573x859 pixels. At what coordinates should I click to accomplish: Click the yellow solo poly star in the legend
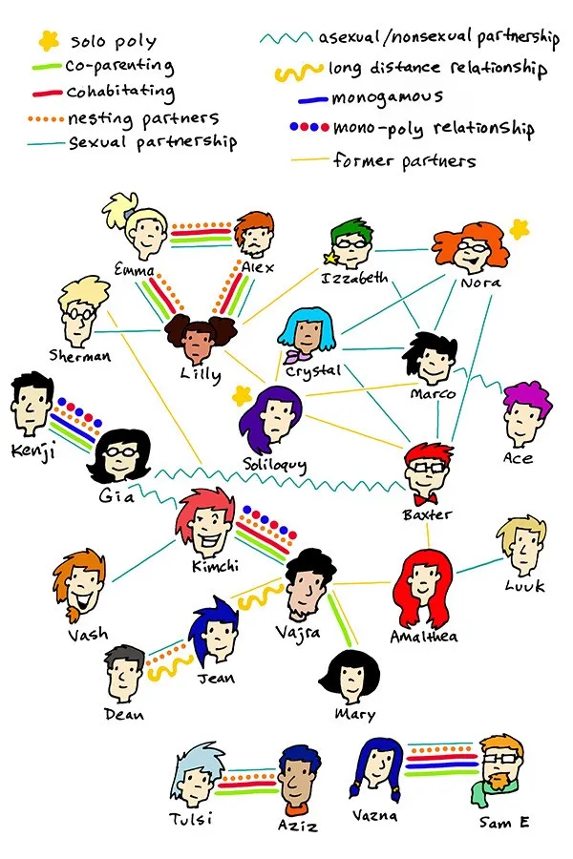click(49, 39)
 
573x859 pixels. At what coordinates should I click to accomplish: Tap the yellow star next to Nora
click(519, 229)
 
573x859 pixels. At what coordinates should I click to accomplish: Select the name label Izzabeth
click(354, 278)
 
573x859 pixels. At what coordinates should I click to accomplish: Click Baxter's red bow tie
click(426, 499)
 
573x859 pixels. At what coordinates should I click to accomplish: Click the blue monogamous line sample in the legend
click(312, 99)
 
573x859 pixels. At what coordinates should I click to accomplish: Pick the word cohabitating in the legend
click(120, 92)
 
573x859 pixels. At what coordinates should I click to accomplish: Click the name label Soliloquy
click(275, 465)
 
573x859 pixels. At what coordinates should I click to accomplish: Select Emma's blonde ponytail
click(118, 209)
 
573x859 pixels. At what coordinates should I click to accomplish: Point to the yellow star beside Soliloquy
click(241, 395)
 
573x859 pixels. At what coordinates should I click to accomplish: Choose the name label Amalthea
click(424, 637)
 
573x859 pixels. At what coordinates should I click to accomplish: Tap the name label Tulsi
click(190, 819)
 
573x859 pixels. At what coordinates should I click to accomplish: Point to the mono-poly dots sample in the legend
click(309, 127)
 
